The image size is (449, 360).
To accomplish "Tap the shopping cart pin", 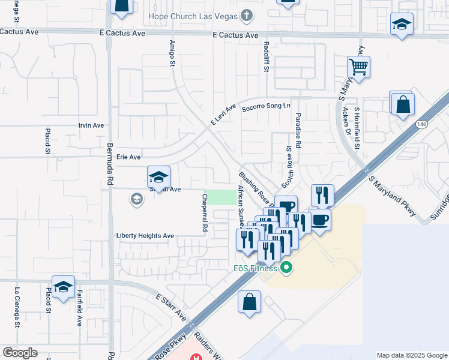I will [x=358, y=68].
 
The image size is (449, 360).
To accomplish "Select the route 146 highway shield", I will [x=422, y=124].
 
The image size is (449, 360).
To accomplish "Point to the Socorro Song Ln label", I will [x=266, y=106].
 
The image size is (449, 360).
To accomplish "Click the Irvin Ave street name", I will [x=91, y=125].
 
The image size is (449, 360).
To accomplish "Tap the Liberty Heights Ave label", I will [x=145, y=236].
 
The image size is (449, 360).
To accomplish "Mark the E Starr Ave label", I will [x=171, y=307].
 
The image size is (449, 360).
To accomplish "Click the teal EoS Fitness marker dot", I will [x=286, y=268].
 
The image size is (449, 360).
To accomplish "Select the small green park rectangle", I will [x=220, y=197].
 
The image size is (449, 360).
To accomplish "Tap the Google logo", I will [x=20, y=353].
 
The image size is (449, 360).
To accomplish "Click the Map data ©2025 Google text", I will [x=411, y=355].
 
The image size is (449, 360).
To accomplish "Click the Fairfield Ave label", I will [x=79, y=308].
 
